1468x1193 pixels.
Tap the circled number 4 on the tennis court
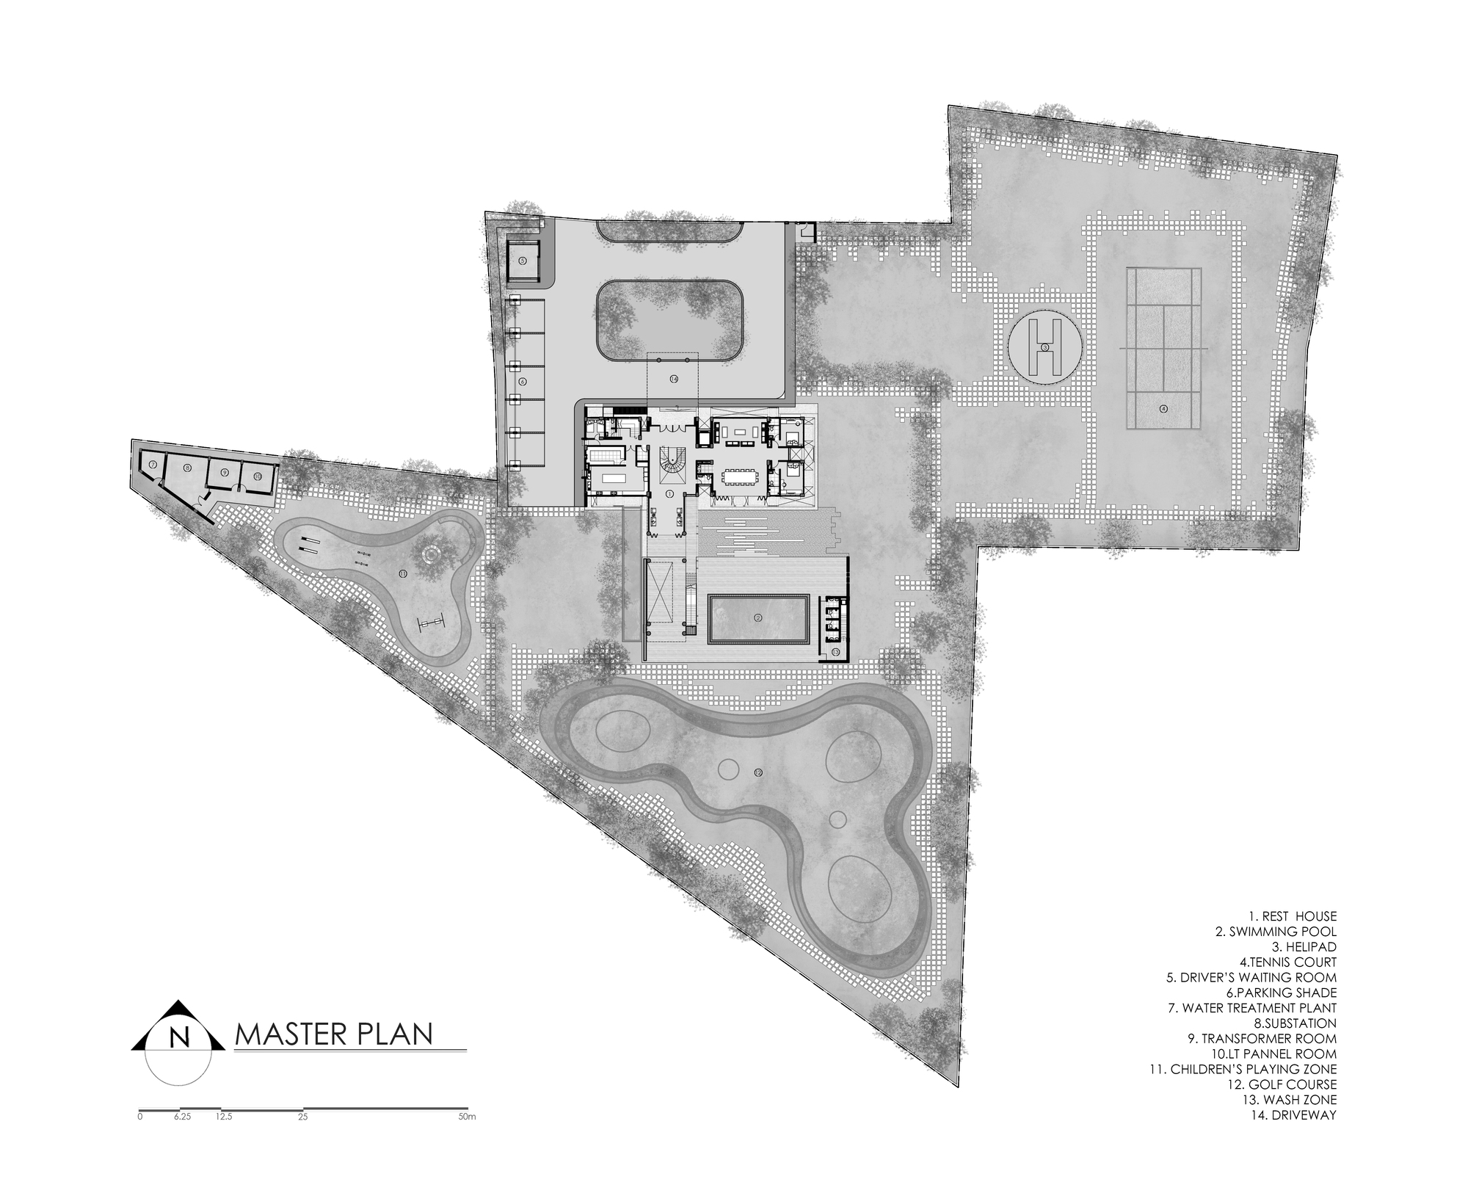1163,408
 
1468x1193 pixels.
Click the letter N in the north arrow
178,1037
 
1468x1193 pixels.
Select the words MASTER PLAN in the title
333,1034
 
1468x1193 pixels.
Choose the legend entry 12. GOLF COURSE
1286,1084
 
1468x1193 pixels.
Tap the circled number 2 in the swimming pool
758,618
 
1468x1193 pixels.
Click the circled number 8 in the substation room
187,467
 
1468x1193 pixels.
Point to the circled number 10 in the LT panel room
258,476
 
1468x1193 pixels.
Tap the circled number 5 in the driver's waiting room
523,260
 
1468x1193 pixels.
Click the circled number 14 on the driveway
673,378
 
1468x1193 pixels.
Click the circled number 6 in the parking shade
523,382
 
